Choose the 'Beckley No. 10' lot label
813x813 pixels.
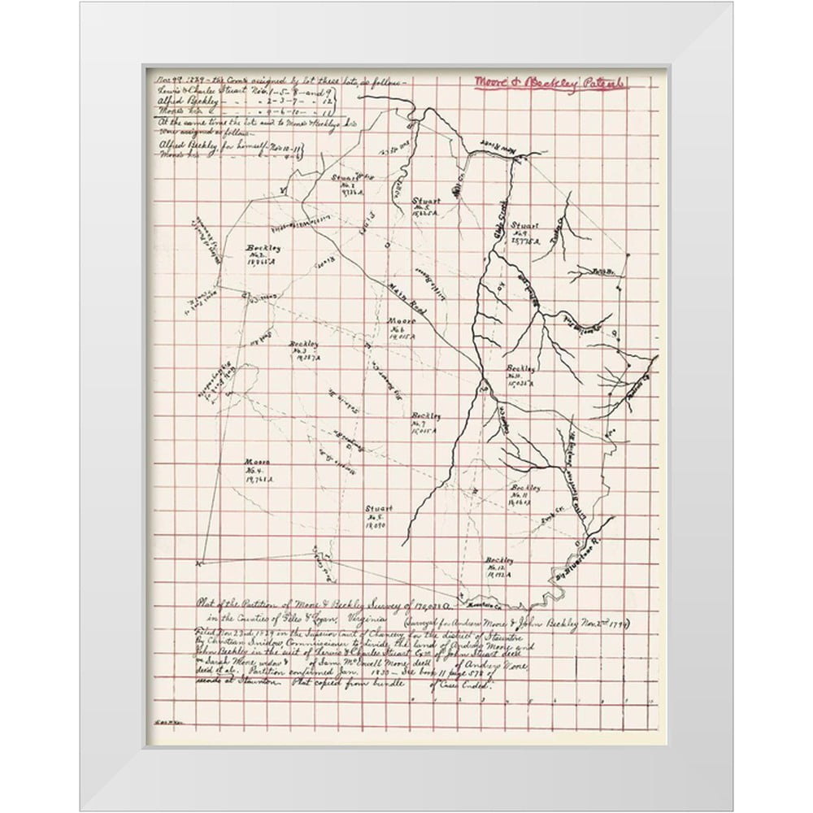[x=520, y=376]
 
